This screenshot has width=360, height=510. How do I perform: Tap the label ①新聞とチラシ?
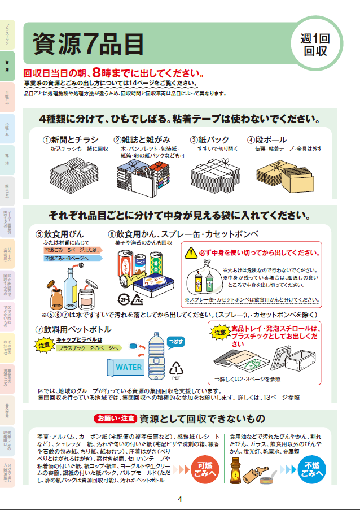pyautogui.click(x=71, y=140)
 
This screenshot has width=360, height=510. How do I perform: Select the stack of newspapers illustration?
pyautogui.click(x=72, y=169)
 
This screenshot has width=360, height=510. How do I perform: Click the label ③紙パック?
pyautogui.click(x=209, y=140)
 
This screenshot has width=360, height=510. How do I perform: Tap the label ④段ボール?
pyautogui.click(x=267, y=140)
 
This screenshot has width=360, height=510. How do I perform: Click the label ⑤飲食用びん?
pyautogui.click(x=60, y=233)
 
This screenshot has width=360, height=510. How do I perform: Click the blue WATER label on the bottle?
pyautogui.click(x=129, y=367)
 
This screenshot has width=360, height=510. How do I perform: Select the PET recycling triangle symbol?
pyautogui.click(x=177, y=370)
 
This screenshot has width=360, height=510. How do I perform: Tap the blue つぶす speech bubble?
pyautogui.click(x=174, y=342)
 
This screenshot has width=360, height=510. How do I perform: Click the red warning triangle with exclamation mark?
pyautogui.click(x=192, y=252)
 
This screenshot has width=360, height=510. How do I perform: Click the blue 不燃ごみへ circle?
pyautogui.click(x=312, y=470)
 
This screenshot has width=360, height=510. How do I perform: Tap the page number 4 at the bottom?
pyautogui.click(x=179, y=499)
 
